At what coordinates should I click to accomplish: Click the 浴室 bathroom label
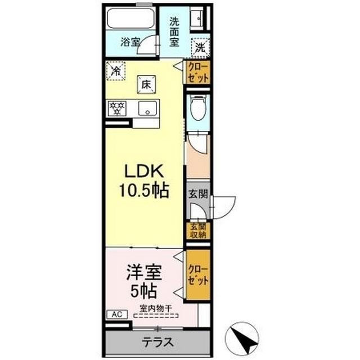coord(130,42)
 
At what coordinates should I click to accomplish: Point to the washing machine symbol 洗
coord(200,48)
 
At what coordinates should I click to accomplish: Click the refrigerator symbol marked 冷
coord(116,71)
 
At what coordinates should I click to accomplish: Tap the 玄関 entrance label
coord(198,194)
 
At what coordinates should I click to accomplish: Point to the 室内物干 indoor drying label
coord(156,308)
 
